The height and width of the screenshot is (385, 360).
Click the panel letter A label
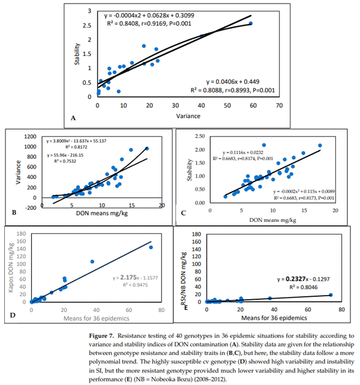click(73, 118)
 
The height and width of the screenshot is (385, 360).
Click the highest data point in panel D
click(151, 247)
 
